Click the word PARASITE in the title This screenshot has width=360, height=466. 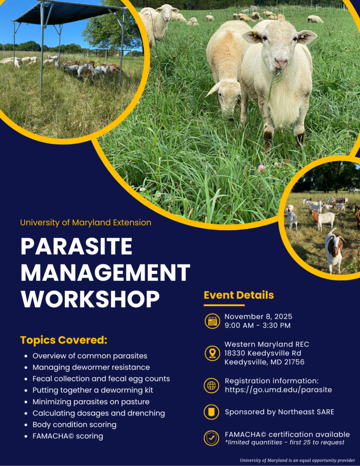point(76,247)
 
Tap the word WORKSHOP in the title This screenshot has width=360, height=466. point(90,299)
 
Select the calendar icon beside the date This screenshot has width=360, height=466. point(212,321)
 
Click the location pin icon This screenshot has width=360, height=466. point(212,353)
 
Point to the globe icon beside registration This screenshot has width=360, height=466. point(212,385)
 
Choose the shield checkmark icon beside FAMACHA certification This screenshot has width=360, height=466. point(212,438)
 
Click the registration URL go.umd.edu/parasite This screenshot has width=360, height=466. point(278,390)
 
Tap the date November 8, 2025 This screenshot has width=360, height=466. point(258,316)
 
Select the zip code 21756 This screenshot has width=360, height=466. point(294,362)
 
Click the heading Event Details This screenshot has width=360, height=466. point(238,295)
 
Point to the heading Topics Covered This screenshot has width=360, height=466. point(64,340)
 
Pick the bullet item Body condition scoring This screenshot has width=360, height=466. point(74,425)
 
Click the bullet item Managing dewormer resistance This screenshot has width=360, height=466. point(91,367)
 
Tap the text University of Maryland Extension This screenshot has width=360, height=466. point(86,223)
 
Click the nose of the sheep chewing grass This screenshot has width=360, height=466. point(280,62)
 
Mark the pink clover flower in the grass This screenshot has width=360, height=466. point(261,168)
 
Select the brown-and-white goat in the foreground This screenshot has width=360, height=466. point(334,249)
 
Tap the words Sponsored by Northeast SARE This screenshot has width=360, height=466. point(279,412)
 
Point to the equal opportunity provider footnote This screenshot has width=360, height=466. point(297,461)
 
